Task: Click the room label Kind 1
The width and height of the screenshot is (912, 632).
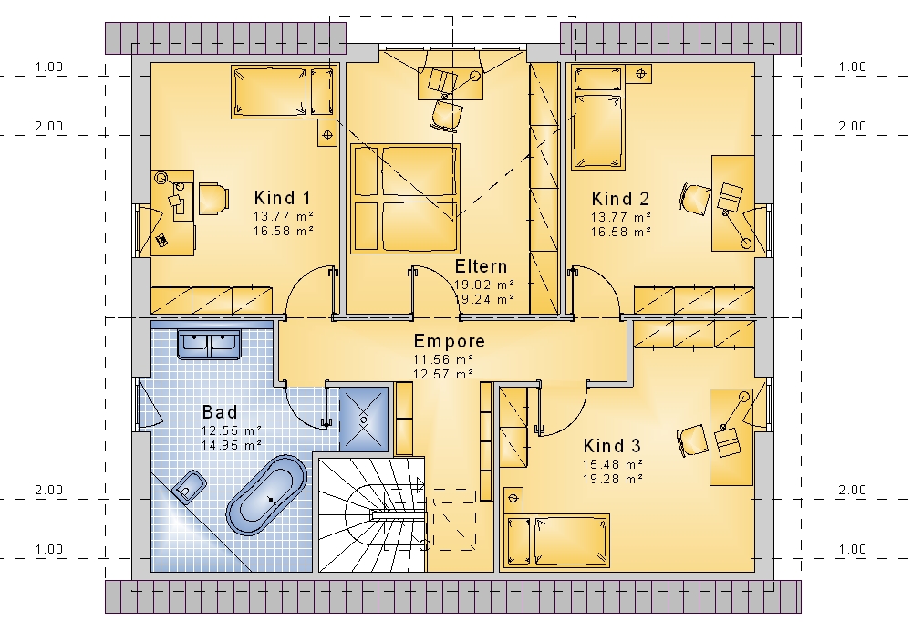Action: point(282,198)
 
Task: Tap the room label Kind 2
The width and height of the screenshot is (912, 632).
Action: point(620,198)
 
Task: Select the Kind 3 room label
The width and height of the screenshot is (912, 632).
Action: point(612,445)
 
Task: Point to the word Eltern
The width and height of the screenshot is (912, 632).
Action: point(481,266)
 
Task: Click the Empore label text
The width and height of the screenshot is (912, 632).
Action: point(449,341)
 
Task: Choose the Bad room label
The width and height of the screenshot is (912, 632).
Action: point(220,411)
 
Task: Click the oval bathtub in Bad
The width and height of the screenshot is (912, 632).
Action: point(266,495)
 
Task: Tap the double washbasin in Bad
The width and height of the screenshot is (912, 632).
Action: point(209,344)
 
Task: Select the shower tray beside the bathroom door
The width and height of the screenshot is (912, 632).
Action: point(364,419)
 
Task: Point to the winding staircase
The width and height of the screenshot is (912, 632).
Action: point(373,514)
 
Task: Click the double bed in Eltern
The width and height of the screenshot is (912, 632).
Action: point(405,199)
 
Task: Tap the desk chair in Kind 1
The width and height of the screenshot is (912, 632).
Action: point(212,198)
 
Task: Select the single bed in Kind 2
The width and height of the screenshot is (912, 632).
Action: point(598,117)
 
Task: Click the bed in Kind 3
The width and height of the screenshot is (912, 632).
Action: point(557,541)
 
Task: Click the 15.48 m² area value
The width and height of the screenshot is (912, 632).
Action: point(613,464)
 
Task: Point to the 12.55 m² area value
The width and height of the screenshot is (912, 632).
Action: point(232,430)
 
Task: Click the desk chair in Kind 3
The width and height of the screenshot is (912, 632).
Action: point(693,440)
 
